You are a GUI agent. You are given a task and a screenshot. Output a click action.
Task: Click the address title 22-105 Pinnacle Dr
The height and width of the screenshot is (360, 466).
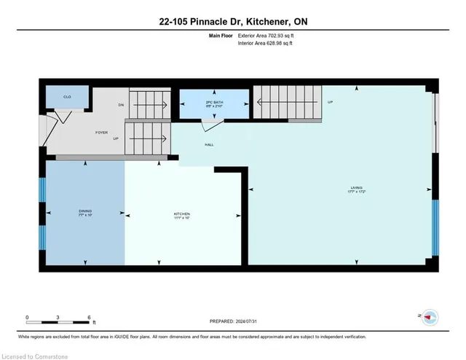(232, 21)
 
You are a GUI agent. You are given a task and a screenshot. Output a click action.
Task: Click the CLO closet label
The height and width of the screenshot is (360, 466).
(66, 96)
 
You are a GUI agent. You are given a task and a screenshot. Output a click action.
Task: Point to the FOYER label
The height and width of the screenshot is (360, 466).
(101, 132)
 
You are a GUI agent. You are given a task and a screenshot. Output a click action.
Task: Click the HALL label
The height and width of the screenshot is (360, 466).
(209, 144)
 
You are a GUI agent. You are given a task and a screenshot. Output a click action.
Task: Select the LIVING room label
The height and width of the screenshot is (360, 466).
(356, 188)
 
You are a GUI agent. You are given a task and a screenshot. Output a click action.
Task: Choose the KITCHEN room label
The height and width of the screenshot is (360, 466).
(181, 213)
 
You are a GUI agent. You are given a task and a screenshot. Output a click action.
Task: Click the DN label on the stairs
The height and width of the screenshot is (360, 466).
(122, 105)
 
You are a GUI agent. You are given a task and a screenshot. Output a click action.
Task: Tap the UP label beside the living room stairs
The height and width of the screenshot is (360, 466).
(330, 102)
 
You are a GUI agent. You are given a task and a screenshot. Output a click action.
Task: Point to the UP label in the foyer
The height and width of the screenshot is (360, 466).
(115, 138)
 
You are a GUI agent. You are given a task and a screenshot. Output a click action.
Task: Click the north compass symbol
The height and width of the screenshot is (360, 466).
(430, 317)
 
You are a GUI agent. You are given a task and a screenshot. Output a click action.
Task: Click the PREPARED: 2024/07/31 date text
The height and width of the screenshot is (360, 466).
(232, 321)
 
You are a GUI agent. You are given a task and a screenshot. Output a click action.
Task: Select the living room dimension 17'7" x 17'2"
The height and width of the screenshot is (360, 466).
(356, 192)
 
